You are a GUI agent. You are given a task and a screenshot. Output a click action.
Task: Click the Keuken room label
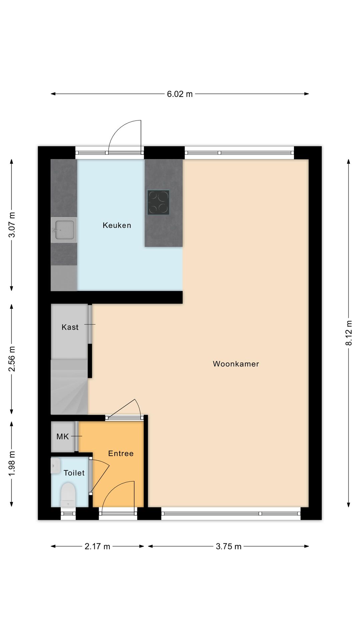117,225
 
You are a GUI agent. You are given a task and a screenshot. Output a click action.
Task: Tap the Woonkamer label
236,364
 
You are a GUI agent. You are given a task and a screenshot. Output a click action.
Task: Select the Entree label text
121,453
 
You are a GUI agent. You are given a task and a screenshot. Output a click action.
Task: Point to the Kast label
70,327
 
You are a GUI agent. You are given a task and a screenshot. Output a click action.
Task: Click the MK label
63,436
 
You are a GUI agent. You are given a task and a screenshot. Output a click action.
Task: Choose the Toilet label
74,473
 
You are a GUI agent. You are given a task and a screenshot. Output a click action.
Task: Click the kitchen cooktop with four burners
158,202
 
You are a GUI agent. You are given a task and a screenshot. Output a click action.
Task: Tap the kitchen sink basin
64,230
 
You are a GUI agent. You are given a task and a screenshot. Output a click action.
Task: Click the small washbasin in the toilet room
55,466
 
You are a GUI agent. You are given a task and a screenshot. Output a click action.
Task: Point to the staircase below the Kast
69,387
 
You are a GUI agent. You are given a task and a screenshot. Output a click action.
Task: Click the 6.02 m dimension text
180,94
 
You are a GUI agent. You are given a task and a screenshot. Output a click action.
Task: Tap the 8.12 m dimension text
349,333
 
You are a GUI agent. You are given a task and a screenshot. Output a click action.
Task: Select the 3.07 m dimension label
12,225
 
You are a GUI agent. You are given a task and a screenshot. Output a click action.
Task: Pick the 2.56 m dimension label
12,359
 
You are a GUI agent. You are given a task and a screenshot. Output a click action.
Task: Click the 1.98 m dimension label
12,464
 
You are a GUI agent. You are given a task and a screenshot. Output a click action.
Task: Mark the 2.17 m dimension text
97,546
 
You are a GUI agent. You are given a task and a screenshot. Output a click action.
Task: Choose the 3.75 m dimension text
229,546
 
